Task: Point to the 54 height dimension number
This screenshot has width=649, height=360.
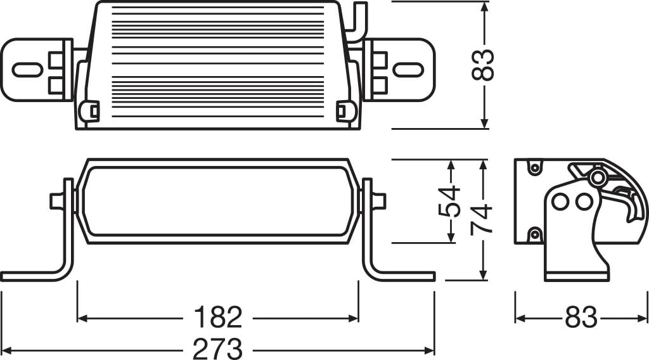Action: pyautogui.click(x=449, y=202)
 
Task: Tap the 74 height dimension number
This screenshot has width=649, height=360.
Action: pyautogui.click(x=482, y=219)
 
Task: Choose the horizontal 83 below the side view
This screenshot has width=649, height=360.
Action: pyautogui.click(x=581, y=318)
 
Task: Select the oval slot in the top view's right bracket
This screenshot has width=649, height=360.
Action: pyautogui.click(x=408, y=69)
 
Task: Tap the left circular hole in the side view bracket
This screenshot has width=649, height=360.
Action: pyautogui.click(x=560, y=202)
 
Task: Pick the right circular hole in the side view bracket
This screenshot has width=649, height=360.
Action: pyautogui.click(x=583, y=202)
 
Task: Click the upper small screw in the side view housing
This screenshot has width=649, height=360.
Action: pyautogui.click(x=534, y=167)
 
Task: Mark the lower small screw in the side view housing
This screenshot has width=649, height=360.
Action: pyautogui.click(x=534, y=235)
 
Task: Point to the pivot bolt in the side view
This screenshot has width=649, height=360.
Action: pyautogui.click(x=596, y=178)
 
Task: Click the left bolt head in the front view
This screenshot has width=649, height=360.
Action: pyautogui.click(x=57, y=201)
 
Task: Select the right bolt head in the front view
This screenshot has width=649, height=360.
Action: pyautogui.click(x=378, y=201)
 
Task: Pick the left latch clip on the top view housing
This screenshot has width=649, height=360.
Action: pyautogui.click(x=90, y=111)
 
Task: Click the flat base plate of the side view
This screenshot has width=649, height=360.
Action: pyautogui.click(x=577, y=276)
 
